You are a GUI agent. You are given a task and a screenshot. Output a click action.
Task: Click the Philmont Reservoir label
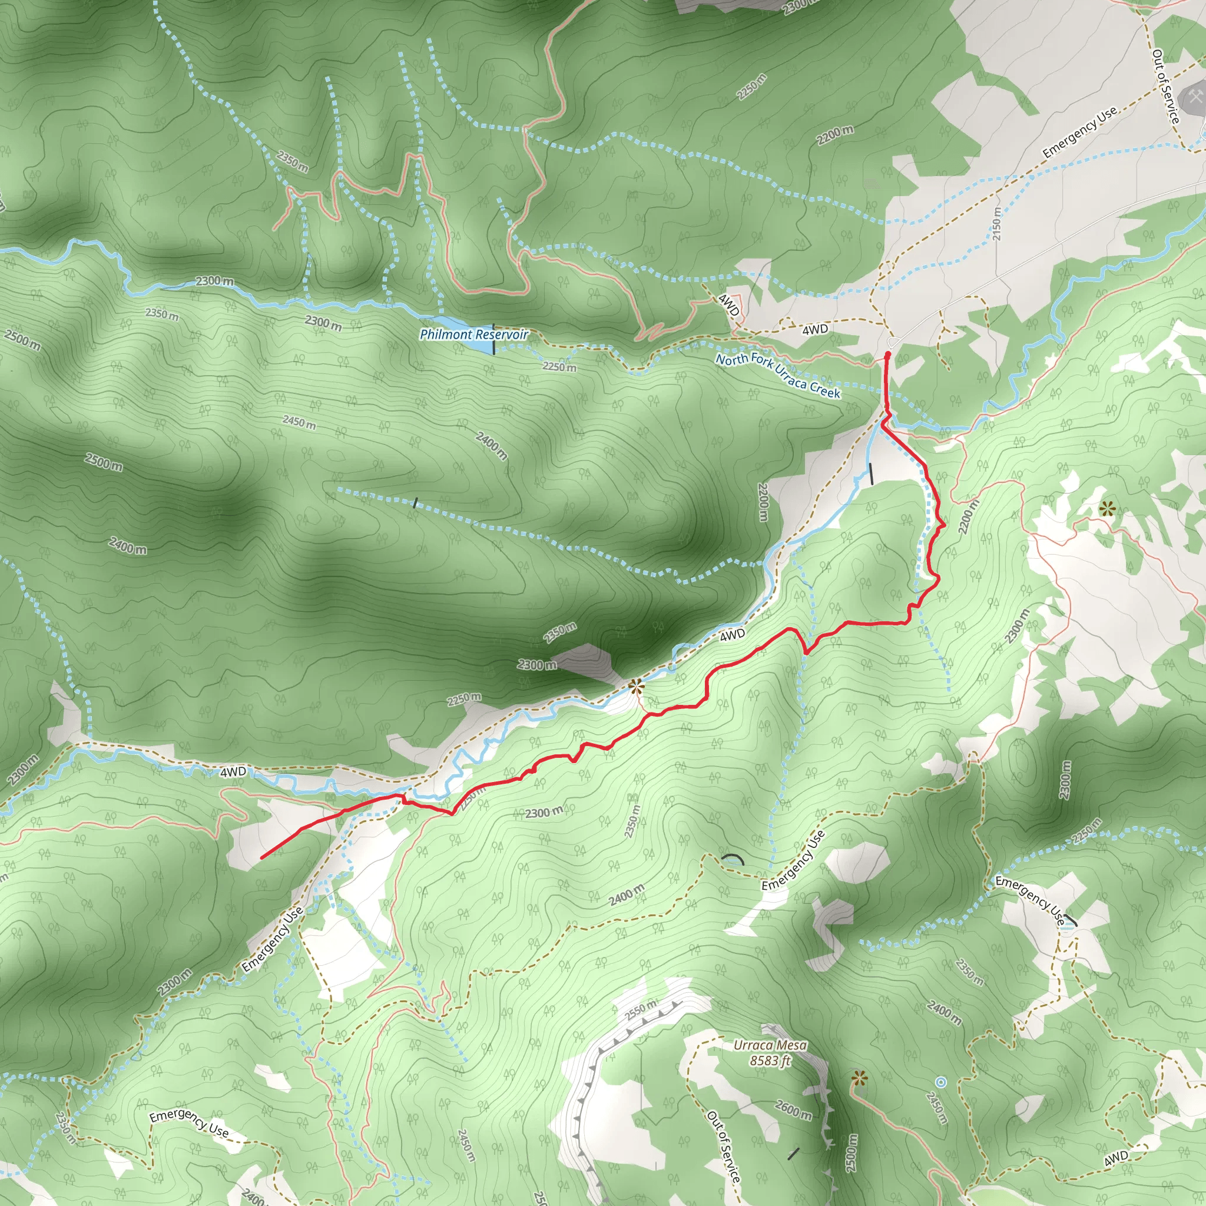click(474, 334)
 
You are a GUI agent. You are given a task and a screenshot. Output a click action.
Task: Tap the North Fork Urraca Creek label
click(778, 376)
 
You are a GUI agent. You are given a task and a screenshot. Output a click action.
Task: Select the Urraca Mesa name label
click(770, 1046)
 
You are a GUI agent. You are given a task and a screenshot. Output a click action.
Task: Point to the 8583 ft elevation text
click(770, 1061)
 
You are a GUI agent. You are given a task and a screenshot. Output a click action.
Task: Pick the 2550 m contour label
click(641, 1009)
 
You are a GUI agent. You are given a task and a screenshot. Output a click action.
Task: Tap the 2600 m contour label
click(793, 1110)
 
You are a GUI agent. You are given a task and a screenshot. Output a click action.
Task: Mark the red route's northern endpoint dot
click(887, 354)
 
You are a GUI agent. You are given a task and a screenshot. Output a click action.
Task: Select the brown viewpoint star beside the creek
click(636, 687)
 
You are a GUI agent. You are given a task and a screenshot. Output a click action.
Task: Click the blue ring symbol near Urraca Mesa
click(940, 1082)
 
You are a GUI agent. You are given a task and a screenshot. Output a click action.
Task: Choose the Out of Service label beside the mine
click(1165, 86)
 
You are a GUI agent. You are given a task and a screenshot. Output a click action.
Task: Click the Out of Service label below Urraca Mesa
click(724, 1147)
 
